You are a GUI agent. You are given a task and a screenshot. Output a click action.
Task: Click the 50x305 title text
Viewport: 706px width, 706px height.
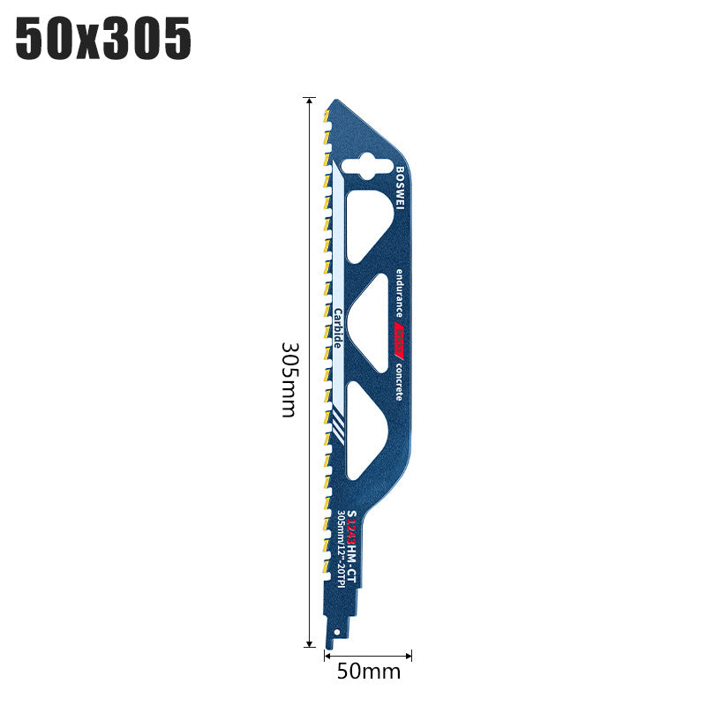[104, 39]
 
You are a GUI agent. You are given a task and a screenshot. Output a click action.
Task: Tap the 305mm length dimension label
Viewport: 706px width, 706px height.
[289, 379]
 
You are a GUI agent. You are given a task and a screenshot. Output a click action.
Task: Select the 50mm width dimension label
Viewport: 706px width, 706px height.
[368, 672]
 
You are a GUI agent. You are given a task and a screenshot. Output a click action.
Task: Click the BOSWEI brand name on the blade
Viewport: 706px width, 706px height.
[399, 187]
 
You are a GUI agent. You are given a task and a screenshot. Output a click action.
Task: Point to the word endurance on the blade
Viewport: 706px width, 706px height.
[399, 293]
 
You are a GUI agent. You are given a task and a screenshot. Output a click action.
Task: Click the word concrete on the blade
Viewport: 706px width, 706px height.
[399, 381]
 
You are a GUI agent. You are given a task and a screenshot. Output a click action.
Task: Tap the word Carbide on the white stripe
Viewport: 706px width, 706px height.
[337, 327]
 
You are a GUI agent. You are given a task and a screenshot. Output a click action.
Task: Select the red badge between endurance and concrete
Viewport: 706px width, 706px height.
[399, 336]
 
